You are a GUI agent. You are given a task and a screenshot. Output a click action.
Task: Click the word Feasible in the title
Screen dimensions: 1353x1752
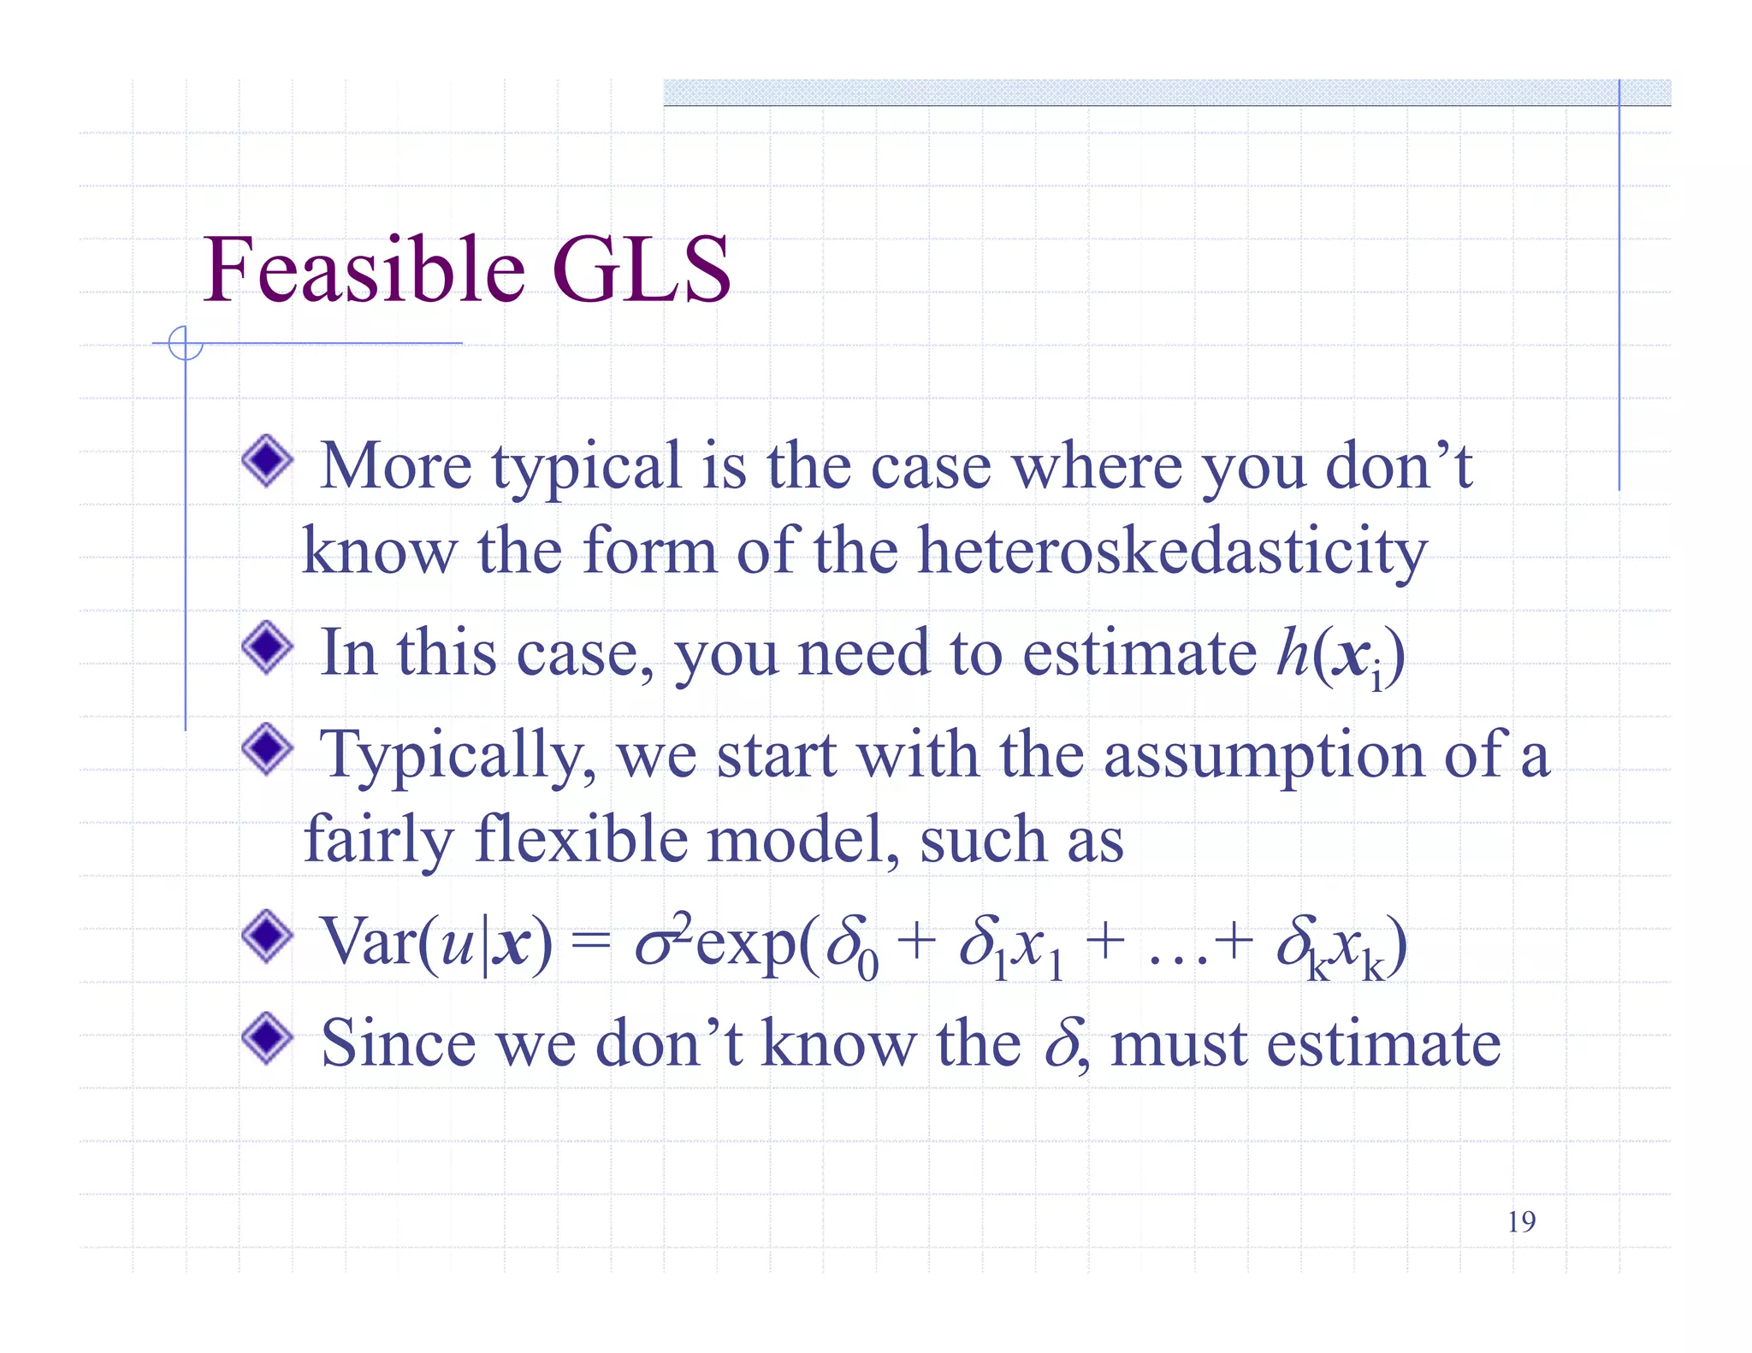[x=364, y=269]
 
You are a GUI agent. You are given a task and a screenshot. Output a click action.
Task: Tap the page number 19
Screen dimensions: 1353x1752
[x=1521, y=1222]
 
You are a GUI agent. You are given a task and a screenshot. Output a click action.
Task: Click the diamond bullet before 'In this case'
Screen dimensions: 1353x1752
[x=268, y=647]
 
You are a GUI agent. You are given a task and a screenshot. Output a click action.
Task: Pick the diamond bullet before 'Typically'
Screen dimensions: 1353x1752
[x=268, y=748]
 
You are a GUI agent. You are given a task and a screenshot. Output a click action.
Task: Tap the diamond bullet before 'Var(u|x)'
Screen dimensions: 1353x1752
[x=268, y=936]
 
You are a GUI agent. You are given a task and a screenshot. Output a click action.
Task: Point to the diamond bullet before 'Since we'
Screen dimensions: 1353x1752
[x=268, y=1037]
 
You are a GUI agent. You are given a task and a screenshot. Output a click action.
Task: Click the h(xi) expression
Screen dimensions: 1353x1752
[x=1340, y=655]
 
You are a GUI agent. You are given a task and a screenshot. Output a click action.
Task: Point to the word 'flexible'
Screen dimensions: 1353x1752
[x=581, y=840]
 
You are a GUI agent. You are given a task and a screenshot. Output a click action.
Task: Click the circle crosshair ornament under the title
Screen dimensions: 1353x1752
[x=185, y=344]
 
